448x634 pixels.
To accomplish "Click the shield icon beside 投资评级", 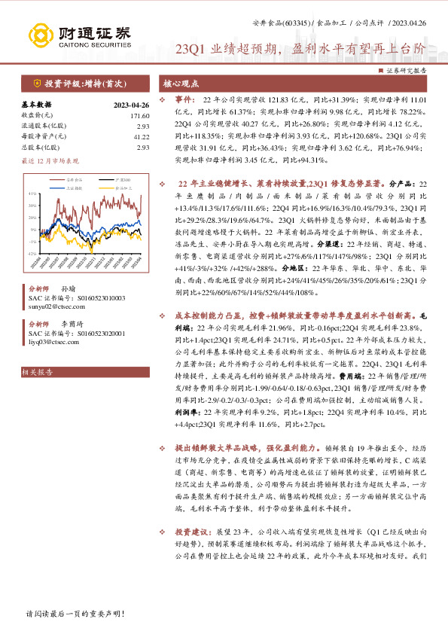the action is point(36,83).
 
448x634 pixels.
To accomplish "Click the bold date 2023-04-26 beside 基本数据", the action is point(132,105).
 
